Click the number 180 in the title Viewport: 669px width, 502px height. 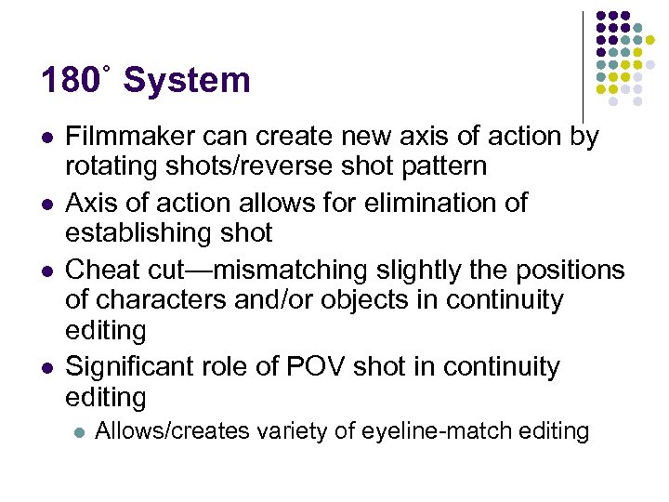[x=69, y=81]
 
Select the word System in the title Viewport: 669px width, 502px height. [x=187, y=81]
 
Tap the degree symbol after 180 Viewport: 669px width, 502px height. [x=107, y=68]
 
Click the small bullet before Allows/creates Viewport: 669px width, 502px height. [x=79, y=432]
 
